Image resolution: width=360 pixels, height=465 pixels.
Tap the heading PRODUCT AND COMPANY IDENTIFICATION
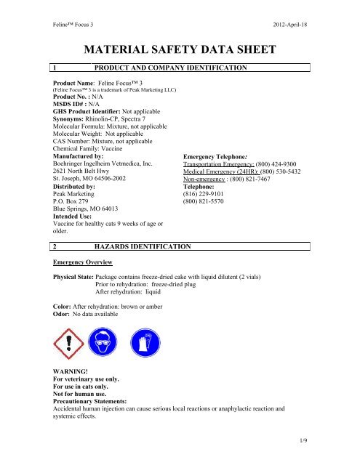[174, 68]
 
